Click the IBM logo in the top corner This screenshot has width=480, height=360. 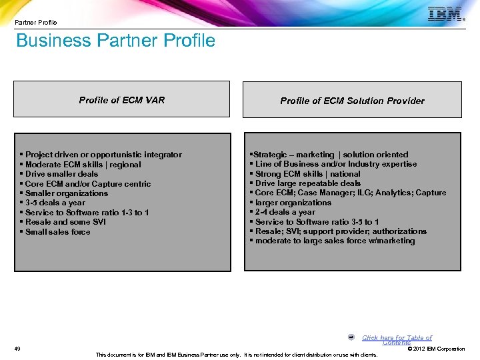[446, 14]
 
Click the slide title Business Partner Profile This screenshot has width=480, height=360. [115, 41]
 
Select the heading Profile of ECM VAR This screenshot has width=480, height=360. [122, 100]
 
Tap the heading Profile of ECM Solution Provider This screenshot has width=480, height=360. [352, 101]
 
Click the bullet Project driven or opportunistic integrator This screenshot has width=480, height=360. [103, 155]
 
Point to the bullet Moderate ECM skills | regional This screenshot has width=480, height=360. [83, 165]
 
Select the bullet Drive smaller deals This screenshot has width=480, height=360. [61, 174]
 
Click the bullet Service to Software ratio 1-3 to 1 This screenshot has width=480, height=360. [87, 213]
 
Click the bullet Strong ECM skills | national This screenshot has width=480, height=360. [307, 174]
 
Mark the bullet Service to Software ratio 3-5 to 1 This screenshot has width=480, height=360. [317, 222]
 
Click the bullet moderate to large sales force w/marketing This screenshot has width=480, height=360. [335, 241]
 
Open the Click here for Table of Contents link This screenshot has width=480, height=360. [397, 339]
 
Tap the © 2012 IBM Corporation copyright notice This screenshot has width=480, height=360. [436, 349]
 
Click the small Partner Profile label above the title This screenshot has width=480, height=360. [36, 22]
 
